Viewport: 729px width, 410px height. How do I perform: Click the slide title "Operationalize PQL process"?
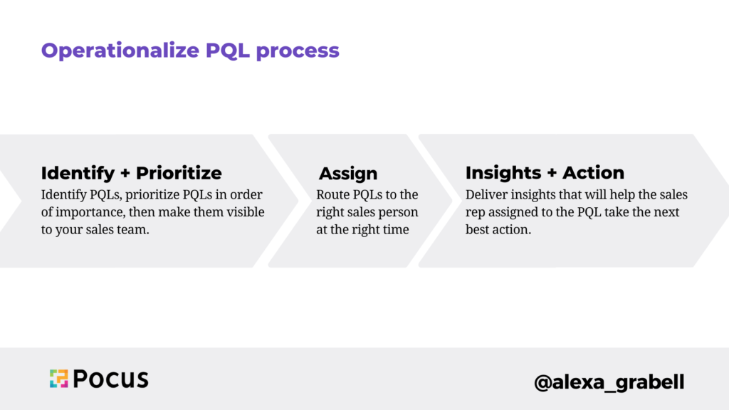click(190, 51)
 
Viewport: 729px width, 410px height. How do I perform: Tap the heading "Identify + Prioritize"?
click(131, 173)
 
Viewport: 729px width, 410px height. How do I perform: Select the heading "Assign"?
click(348, 174)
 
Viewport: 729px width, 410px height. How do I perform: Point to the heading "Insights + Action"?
click(545, 173)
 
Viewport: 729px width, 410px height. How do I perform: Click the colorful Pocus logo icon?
click(58, 379)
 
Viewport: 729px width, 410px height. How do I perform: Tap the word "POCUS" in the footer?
click(110, 379)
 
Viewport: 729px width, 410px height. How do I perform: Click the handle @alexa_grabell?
click(609, 382)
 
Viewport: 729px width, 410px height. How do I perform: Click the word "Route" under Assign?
click(333, 194)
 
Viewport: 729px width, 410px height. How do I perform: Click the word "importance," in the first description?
click(89, 212)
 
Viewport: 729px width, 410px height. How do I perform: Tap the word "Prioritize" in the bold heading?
click(179, 173)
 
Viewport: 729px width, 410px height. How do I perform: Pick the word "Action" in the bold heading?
click(593, 173)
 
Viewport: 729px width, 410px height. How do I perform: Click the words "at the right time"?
click(363, 230)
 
